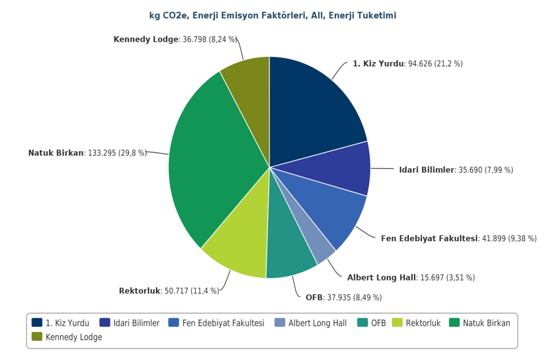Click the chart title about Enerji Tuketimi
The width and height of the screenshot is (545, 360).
(x=272, y=16)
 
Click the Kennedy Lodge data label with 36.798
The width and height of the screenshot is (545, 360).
(x=175, y=39)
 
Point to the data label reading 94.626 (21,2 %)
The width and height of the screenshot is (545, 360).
(x=408, y=64)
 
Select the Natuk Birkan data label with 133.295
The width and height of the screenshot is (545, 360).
(x=87, y=153)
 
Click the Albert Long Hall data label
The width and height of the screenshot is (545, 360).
(x=411, y=278)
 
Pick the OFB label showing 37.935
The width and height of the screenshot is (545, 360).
(x=343, y=298)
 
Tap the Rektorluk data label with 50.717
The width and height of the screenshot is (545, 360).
(x=169, y=291)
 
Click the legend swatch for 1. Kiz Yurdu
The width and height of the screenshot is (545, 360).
(x=37, y=323)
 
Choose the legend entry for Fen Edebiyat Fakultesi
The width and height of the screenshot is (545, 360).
(x=223, y=323)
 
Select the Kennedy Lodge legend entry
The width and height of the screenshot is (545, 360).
(x=74, y=337)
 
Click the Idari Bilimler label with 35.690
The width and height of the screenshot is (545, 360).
(x=456, y=170)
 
